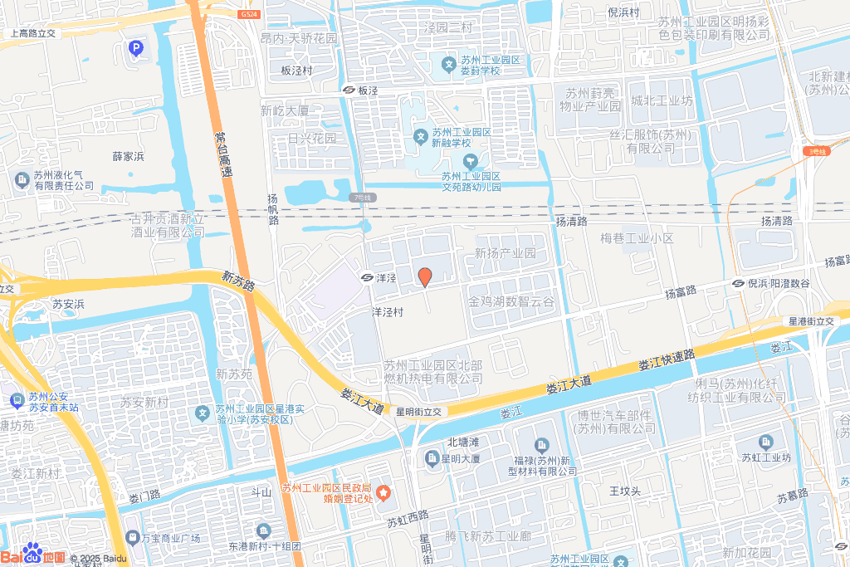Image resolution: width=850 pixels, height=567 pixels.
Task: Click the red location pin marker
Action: [424, 277]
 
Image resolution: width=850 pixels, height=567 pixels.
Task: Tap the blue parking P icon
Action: [134, 50]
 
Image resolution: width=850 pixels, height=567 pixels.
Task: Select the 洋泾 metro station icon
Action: [366, 276]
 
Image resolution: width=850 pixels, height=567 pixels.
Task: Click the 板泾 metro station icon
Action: [349, 90]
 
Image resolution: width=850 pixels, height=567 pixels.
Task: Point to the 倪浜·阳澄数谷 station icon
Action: [738, 283]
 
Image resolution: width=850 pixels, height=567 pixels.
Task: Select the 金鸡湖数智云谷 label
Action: [510, 301]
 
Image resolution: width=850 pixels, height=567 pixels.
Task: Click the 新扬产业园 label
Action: [505, 253]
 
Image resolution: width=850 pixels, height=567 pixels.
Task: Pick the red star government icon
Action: [383, 493]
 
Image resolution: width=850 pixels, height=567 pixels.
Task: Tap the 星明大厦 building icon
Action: [432, 458]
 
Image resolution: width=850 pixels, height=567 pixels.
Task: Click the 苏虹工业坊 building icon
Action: [765, 442]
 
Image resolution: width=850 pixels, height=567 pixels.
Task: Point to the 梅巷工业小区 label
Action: [637, 238]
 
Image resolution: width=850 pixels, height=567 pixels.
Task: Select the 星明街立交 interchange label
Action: [421, 411]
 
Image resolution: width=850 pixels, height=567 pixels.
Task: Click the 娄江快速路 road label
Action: [667, 359]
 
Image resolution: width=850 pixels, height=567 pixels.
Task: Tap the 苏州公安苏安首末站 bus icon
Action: [17, 401]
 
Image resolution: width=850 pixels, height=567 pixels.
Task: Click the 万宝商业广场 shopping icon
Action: [131, 538]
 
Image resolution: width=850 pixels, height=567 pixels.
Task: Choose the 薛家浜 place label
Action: [129, 156]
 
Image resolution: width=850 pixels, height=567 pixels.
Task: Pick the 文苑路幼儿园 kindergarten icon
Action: [470, 159]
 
